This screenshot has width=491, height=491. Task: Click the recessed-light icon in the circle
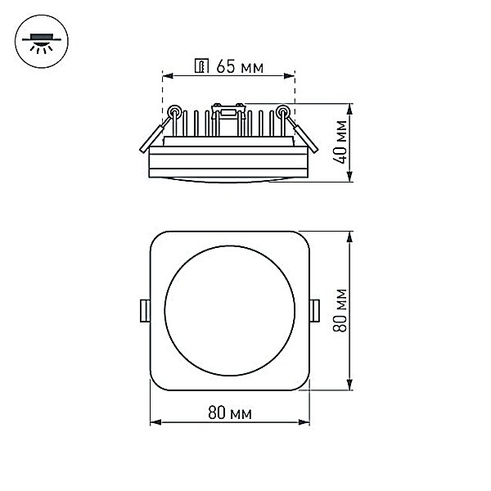(42, 42)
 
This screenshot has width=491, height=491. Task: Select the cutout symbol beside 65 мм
(201, 65)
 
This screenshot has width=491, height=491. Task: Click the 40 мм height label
(340, 142)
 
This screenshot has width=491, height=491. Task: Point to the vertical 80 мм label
(340, 310)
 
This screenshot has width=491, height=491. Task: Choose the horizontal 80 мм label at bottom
(230, 412)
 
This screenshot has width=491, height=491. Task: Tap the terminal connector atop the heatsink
(227, 112)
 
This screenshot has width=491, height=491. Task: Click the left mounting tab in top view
(145, 311)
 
